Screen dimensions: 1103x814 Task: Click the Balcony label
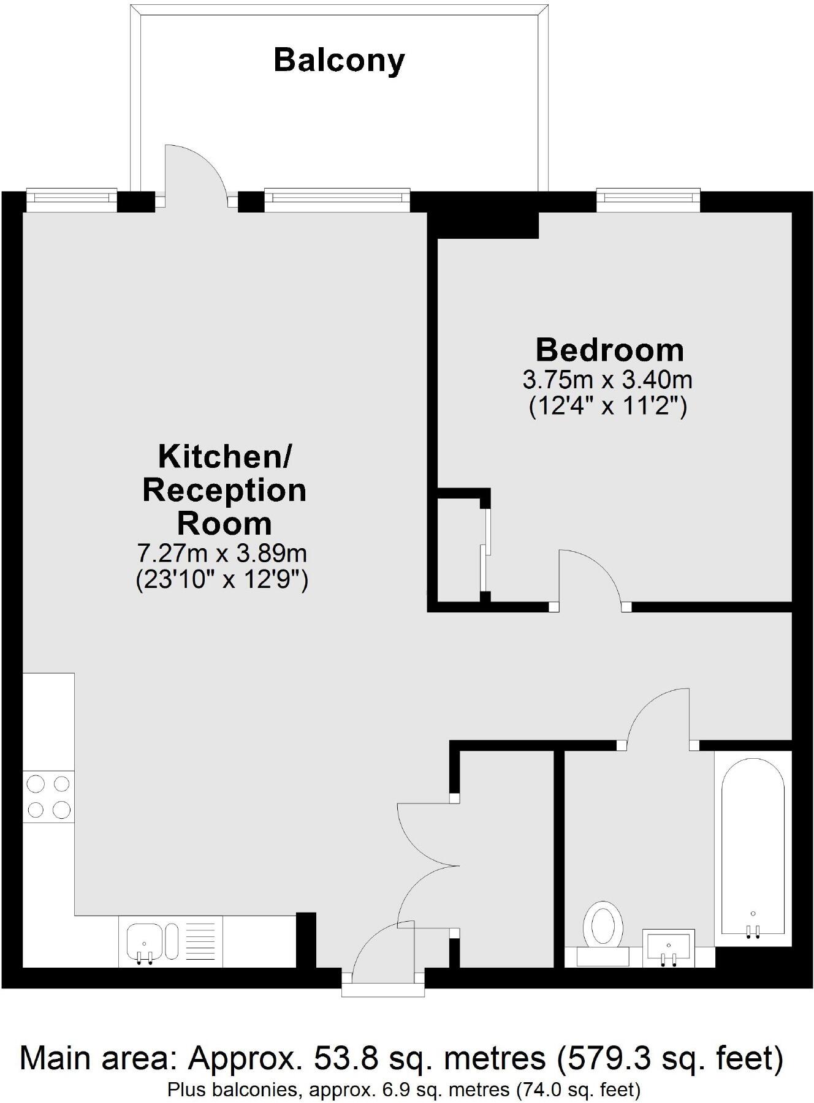[339, 61]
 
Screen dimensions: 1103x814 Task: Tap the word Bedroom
[609, 350]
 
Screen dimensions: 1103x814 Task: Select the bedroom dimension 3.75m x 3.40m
[607, 380]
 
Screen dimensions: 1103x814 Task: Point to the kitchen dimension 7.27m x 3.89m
[221, 554]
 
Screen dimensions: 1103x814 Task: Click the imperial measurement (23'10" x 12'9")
[221, 579]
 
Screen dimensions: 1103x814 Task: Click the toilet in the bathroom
[603, 928]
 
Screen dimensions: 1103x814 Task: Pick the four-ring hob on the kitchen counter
[48, 797]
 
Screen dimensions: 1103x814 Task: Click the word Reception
[224, 491]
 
